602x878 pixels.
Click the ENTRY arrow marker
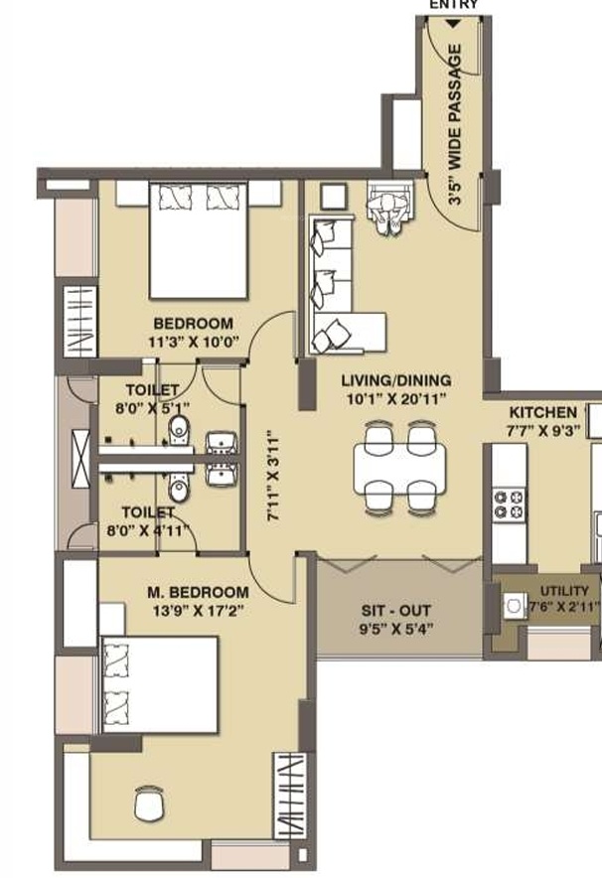point(453,24)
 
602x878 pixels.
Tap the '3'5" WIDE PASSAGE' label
point(456,124)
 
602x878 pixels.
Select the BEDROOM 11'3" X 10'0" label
point(193,333)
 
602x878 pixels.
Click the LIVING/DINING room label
point(396,389)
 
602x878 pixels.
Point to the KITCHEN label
point(543,413)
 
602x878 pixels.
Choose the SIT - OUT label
point(396,611)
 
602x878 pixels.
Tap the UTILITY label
point(564,591)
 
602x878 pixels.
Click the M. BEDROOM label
point(198,592)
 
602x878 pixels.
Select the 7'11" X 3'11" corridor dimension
point(273,476)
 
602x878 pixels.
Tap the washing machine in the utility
point(515,605)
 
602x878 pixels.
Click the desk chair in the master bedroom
point(150,804)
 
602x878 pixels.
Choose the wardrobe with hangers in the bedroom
point(79,322)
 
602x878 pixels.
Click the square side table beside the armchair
point(334,196)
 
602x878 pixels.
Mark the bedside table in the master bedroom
point(112,618)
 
